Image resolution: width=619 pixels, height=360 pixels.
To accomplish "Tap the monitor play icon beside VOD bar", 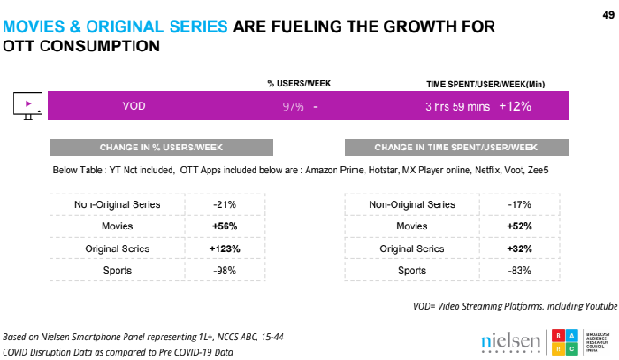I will pyautogui.click(x=28, y=106).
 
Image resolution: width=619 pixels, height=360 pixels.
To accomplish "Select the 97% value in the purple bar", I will pyautogui.click(x=293, y=106).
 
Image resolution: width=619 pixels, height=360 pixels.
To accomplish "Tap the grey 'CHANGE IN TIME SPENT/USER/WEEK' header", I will pyautogui.click(x=455, y=147).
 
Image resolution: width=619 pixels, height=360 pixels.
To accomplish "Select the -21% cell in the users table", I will pyautogui.click(x=224, y=205).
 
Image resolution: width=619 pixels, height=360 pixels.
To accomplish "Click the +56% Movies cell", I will pyautogui.click(x=224, y=227).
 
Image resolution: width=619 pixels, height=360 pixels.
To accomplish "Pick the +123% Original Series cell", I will pyautogui.click(x=224, y=249).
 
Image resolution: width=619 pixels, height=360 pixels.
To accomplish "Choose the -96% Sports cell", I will pyautogui.click(x=224, y=270).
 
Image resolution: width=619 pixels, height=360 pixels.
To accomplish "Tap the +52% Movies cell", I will pyautogui.click(x=519, y=227).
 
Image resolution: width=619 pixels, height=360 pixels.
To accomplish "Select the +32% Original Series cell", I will pyautogui.click(x=519, y=249).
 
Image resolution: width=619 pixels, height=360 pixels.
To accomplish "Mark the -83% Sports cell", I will pyautogui.click(x=519, y=270).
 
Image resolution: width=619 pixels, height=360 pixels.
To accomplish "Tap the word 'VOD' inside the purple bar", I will pyautogui.click(x=134, y=106).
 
